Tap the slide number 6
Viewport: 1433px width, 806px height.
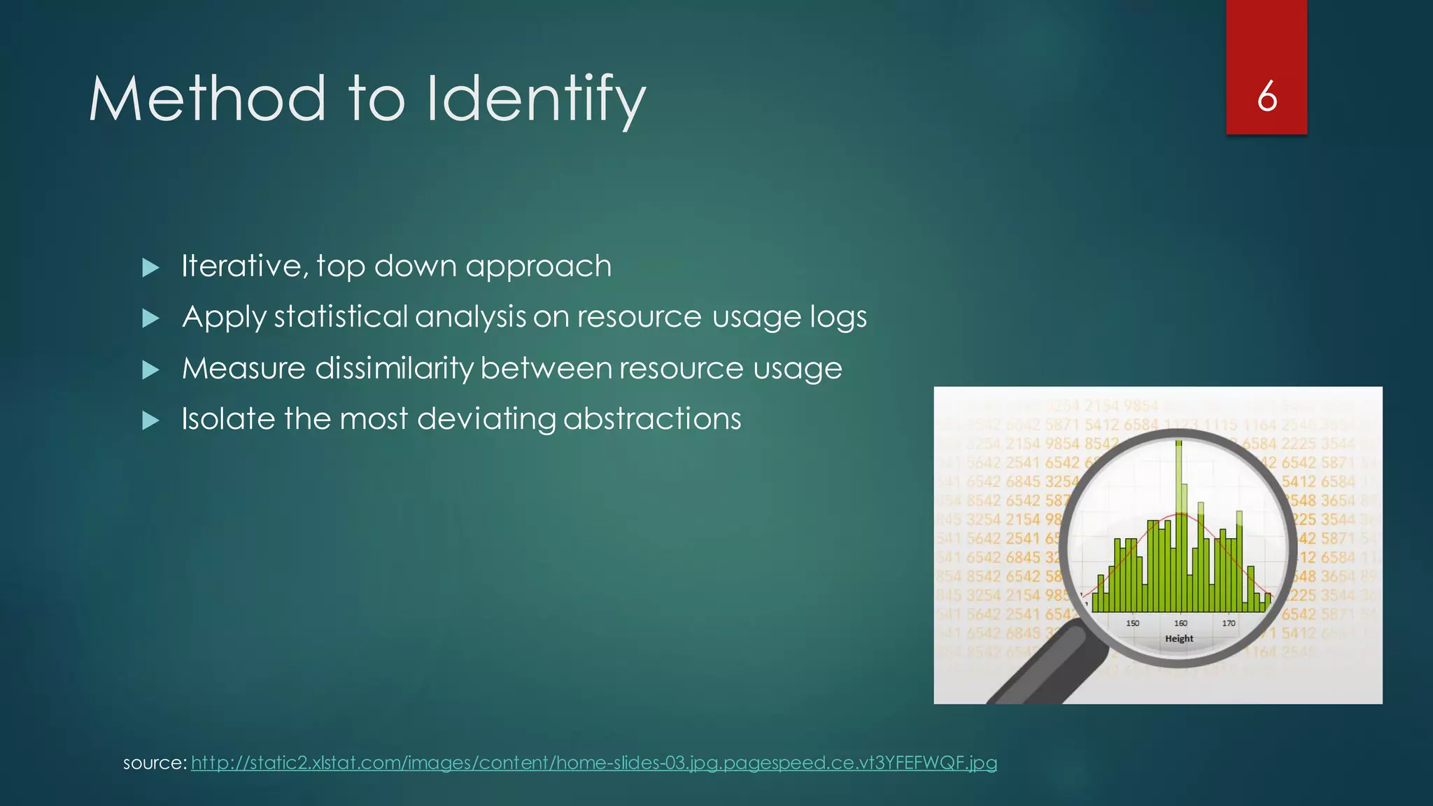[x=1266, y=97]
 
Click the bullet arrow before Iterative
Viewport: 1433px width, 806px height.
[x=150, y=267]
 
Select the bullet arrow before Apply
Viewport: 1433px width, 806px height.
[x=150, y=318]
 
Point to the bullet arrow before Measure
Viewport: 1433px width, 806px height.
[x=150, y=369]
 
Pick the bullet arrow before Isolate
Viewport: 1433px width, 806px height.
[x=150, y=420]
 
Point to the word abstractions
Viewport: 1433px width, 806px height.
[x=652, y=419]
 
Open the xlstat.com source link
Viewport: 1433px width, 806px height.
[x=593, y=763]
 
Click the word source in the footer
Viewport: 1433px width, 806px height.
[x=153, y=763]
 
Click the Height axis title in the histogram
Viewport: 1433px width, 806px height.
[x=1179, y=639]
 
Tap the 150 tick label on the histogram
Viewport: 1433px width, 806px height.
[x=1132, y=623]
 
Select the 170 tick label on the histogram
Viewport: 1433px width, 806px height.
[x=1229, y=623]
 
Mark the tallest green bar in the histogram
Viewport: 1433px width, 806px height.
[x=1179, y=525]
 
